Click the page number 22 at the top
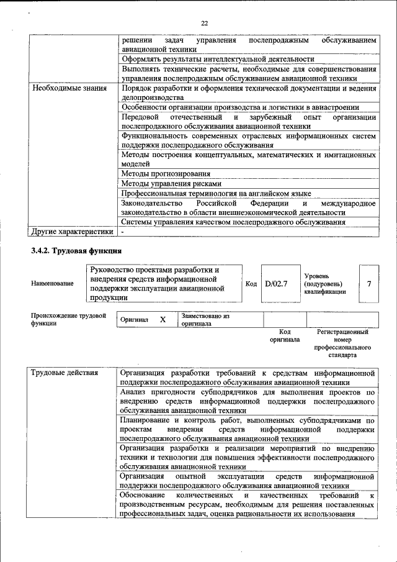(x=204, y=24)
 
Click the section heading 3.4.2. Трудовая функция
(x=76, y=251)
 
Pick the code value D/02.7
(x=277, y=284)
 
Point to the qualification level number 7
(x=369, y=284)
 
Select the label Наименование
(x=52, y=284)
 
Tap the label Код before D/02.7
(x=251, y=284)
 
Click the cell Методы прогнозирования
(x=166, y=174)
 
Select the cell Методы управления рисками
(x=171, y=184)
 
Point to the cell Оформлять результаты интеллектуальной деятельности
(x=222, y=59)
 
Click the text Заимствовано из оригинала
(x=205, y=320)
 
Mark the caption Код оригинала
(x=285, y=336)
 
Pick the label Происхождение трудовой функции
(x=68, y=320)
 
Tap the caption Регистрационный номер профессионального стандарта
(x=342, y=344)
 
